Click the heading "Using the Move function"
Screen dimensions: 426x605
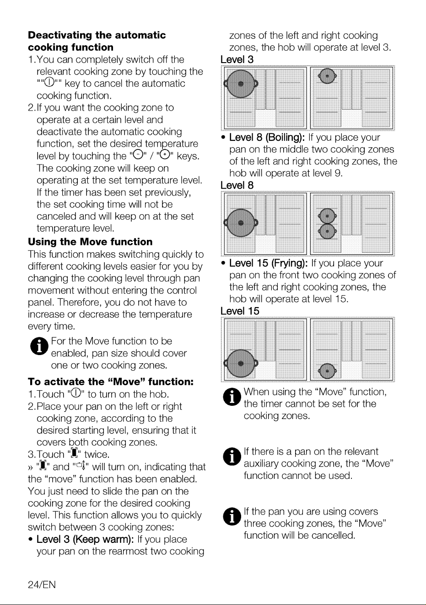(x=90, y=241)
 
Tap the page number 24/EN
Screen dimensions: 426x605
(x=42, y=584)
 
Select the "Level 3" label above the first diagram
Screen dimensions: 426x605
(x=237, y=59)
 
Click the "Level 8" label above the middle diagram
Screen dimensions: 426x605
(x=237, y=185)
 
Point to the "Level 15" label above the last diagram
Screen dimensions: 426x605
(x=240, y=311)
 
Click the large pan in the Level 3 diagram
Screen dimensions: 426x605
(x=241, y=84)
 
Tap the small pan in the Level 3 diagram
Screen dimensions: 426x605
(x=327, y=76)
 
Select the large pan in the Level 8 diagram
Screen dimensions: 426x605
(x=241, y=223)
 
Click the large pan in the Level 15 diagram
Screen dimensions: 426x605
(x=241, y=364)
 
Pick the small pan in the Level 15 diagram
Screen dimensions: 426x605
(x=327, y=371)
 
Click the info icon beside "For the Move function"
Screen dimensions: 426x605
(x=39, y=346)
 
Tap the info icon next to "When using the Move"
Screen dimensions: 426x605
(x=232, y=397)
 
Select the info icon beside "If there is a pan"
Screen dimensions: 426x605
(x=232, y=457)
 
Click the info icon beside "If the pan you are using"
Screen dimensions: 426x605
(x=232, y=516)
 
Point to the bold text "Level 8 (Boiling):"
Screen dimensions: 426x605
(x=267, y=138)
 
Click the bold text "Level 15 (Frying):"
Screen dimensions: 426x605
(x=269, y=263)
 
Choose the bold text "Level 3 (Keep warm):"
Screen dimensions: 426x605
(x=85, y=539)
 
